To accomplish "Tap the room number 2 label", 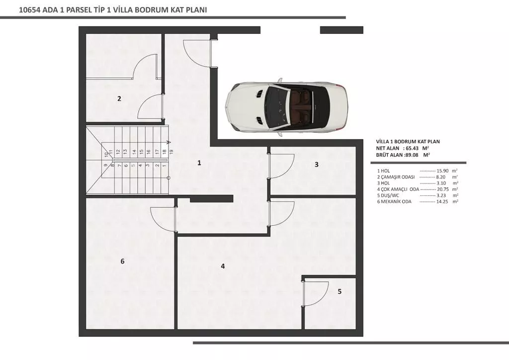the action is [x=119, y=98].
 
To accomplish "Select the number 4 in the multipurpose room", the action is [x=223, y=266].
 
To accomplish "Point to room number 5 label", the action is [x=339, y=291].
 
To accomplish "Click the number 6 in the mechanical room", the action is [x=122, y=262].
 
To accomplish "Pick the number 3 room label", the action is [x=317, y=165].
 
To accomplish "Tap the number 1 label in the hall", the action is [x=199, y=163].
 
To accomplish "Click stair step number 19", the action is [x=171, y=151].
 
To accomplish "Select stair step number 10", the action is [x=106, y=155].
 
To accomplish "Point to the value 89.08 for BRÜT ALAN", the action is [x=412, y=155].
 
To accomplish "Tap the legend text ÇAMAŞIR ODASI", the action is [x=398, y=177].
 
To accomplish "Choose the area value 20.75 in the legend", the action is [x=443, y=189].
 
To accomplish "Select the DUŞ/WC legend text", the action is [x=390, y=195].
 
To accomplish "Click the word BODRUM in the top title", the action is [x=152, y=10].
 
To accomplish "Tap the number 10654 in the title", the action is [x=29, y=10].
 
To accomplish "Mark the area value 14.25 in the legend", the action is [x=442, y=201].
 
